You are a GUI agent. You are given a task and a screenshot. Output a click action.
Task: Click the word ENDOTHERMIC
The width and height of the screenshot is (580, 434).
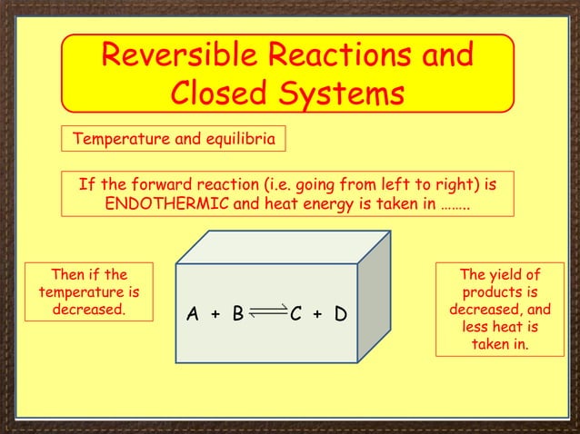point(167,202)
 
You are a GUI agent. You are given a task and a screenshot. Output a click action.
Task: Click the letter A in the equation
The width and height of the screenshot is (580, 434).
point(193,315)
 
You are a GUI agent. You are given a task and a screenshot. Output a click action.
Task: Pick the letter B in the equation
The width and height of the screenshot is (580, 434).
point(237,315)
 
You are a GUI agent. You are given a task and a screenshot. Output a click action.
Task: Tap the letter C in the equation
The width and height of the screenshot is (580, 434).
point(295,315)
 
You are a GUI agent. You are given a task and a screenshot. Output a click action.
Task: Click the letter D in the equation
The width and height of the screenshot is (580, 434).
point(340,315)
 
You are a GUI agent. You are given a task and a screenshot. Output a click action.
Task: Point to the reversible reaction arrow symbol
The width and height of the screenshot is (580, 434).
point(266,312)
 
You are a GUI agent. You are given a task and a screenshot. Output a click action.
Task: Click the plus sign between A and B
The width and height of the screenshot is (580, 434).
point(215,315)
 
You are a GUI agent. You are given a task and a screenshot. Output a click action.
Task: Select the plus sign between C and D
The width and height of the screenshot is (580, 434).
point(317,315)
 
